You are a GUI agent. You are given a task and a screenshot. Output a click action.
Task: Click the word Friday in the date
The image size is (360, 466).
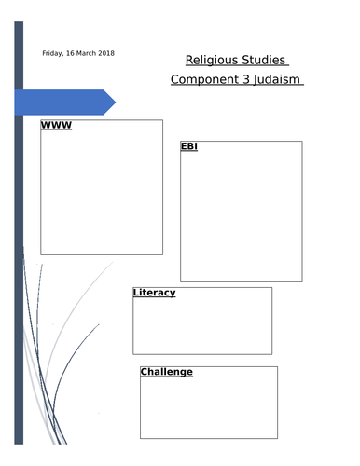coord(53,53)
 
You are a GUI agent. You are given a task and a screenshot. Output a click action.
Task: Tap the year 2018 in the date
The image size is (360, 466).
coord(106,53)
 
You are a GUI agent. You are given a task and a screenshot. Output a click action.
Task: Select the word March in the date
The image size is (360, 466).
coord(87,53)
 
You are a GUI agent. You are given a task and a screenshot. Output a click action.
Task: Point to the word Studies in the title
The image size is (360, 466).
coord(264,60)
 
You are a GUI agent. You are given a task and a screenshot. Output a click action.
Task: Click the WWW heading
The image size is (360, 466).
coord(56,125)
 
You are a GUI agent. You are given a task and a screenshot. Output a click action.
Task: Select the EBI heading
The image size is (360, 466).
coord(188,147)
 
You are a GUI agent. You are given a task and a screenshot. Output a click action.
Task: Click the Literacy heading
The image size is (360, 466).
coord(154,293)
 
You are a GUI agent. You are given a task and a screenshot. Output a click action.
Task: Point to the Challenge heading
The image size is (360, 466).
coord(166,372)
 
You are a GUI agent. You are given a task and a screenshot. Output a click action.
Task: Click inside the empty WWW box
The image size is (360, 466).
coord(101,191)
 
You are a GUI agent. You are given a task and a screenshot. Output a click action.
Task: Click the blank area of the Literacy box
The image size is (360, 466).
coord(202,326)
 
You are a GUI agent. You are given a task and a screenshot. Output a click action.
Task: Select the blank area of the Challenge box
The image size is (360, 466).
coord(208,408)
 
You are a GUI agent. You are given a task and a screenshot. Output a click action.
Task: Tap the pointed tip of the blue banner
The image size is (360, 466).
coord(113,102)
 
